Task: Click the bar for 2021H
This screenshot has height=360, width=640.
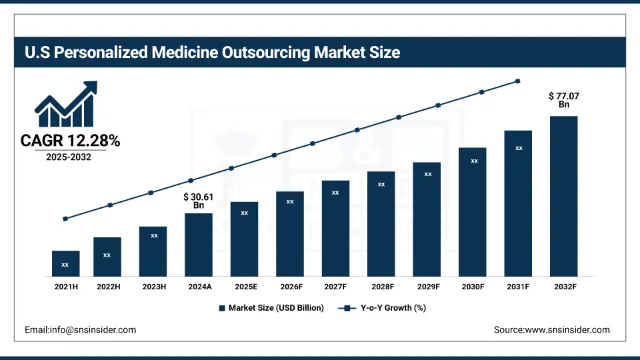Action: (65, 263)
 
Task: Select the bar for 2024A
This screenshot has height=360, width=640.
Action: (199, 245)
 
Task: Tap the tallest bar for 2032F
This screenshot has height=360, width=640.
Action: (563, 196)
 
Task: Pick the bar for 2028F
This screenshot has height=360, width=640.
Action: (381, 223)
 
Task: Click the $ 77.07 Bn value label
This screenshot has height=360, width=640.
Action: (563, 100)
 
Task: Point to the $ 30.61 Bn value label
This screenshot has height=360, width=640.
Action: (199, 201)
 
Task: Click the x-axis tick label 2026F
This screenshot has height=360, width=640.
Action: (290, 287)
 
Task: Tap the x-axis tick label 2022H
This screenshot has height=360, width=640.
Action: (107, 287)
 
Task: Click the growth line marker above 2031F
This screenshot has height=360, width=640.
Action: (518, 81)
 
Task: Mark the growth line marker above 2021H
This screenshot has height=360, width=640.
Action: (65, 219)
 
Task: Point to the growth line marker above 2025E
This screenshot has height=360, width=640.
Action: (231, 168)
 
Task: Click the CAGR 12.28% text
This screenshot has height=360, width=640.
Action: (70, 141)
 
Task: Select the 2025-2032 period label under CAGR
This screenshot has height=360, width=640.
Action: (68, 157)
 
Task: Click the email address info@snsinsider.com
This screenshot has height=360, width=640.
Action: (81, 329)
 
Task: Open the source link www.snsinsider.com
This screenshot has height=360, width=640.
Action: (551, 329)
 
